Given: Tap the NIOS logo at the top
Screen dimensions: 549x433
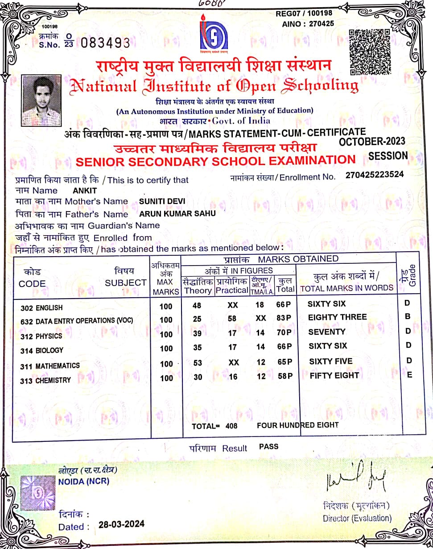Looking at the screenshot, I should tap(214, 36).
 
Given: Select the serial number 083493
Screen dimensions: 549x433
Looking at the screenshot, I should tap(106, 43).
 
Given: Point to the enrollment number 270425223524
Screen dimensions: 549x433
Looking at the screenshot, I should tap(375, 175).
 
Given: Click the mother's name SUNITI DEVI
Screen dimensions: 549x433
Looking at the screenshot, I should tap(162, 201).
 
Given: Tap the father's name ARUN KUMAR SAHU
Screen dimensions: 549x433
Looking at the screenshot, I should tap(177, 213).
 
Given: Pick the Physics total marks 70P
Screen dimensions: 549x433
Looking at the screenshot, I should tap(285, 333).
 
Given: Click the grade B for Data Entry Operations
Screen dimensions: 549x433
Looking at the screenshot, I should tap(407, 316).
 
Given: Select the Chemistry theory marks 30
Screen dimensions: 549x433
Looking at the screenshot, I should tap(198, 377).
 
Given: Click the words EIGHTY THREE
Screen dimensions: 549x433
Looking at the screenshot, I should tap(338, 317).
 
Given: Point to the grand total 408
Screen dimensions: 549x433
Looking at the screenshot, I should tap(231, 426).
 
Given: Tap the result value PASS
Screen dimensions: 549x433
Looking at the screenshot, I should tap(268, 446).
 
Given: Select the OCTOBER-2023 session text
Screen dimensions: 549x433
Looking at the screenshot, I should tap(372, 141).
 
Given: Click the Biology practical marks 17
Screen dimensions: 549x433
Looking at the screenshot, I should tap(233, 347).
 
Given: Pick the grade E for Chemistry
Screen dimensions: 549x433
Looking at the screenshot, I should tap(409, 375).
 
